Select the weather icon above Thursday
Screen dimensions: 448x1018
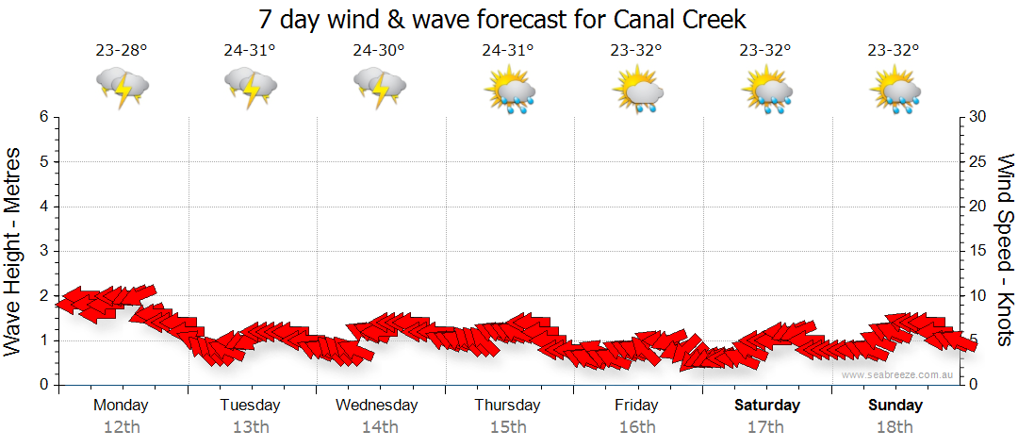[509, 91]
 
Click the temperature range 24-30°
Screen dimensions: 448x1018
[379, 51]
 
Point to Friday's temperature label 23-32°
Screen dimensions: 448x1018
[636, 51]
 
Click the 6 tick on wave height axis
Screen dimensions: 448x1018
[43, 117]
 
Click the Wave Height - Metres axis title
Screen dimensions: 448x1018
[14, 251]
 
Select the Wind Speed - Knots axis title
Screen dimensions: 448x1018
[1005, 251]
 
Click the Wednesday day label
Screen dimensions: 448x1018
[376, 406]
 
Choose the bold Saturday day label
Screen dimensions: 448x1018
[767, 406]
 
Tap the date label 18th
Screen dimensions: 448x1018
[895, 427]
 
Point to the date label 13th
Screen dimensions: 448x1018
[250, 427]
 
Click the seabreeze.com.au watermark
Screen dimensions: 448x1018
[899, 375]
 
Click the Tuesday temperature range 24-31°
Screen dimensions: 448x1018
[250, 51]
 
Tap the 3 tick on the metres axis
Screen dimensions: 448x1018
[43, 251]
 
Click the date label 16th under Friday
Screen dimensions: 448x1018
[637, 427]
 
